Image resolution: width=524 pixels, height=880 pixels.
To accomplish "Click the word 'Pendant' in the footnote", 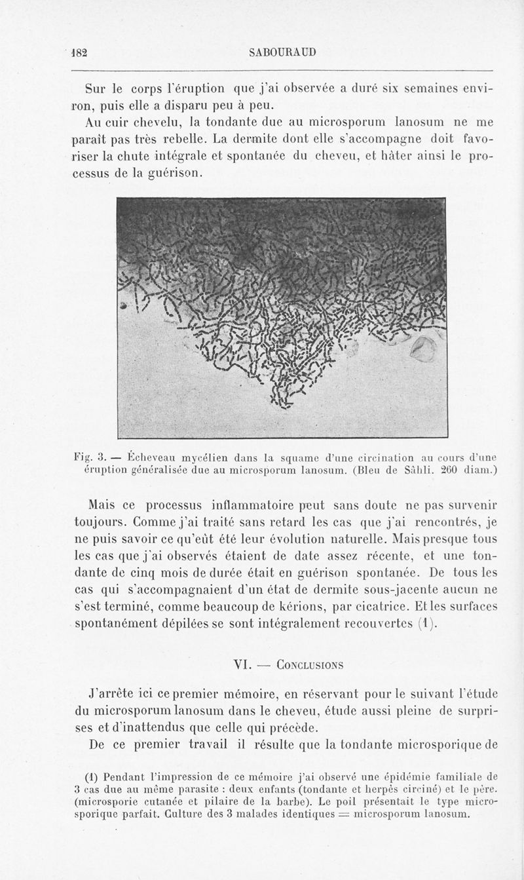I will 132,780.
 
